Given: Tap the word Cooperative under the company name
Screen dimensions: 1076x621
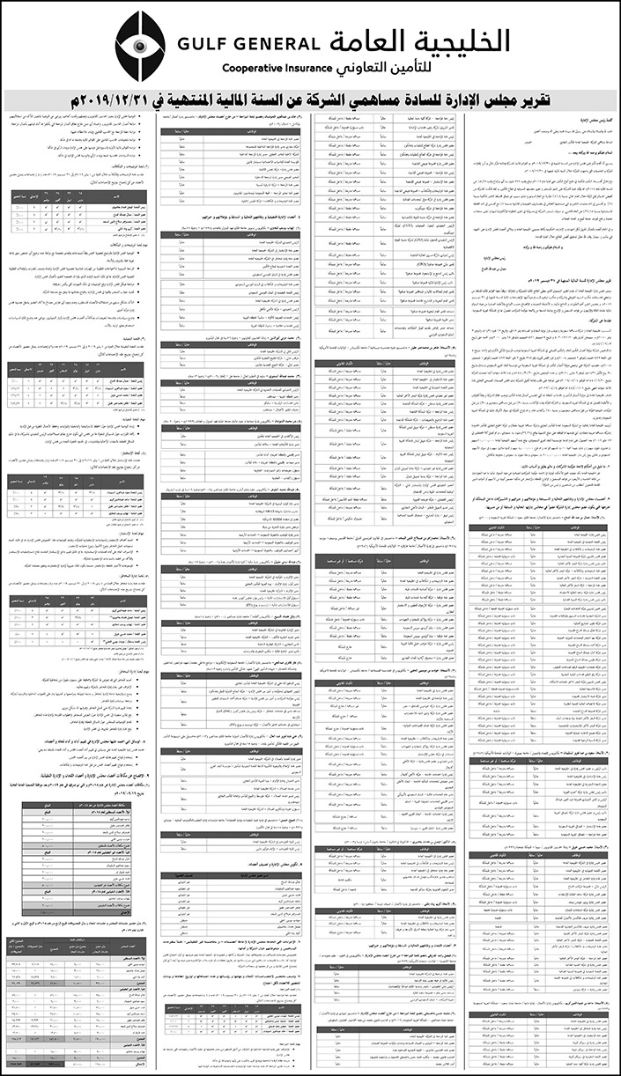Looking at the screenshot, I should [x=255, y=67].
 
